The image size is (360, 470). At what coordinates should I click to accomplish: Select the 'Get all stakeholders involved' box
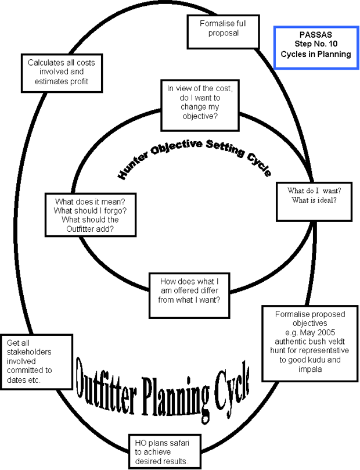[x=33, y=360]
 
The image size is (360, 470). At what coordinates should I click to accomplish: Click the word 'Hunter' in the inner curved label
[x=131, y=166]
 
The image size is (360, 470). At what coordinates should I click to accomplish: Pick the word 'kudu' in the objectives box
[x=308, y=360]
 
